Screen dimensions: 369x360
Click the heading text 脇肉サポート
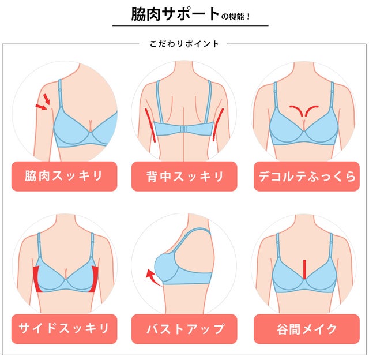pos(175,14)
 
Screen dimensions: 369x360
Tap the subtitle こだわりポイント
pos(184,44)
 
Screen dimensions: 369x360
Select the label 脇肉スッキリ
pos(64,176)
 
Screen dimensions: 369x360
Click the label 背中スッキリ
pos(184,177)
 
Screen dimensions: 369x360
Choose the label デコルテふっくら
pos(307,177)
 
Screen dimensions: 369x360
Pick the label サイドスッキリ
pos(64,328)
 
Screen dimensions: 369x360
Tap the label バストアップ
pos(185,329)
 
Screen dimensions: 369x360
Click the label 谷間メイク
pos(307,329)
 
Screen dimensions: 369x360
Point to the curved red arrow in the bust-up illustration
pos(152,278)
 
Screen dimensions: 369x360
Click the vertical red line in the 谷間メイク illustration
pos(304,269)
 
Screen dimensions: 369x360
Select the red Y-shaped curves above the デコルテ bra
pos(304,110)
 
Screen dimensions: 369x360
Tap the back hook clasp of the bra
pos(184,129)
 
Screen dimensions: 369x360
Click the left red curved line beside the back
pos(150,125)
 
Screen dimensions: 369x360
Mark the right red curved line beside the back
pos(218,125)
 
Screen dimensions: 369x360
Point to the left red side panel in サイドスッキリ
pos(37,279)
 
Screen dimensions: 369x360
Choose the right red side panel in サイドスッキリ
pos(95,279)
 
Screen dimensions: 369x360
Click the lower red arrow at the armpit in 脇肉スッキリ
pos(41,107)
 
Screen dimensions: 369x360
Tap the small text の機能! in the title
pos(235,17)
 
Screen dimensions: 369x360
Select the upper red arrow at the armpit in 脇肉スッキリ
pos(47,99)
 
